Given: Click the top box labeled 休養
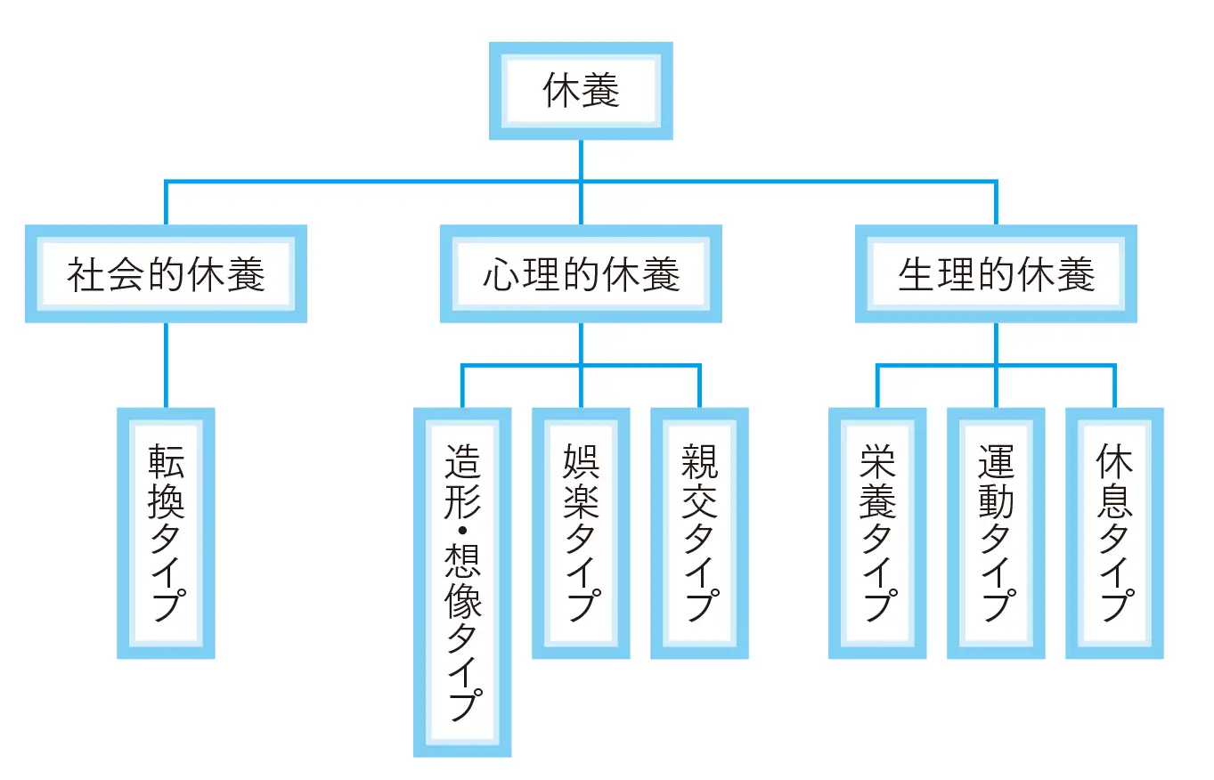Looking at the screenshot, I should point(581,92).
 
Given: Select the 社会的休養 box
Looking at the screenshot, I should point(166,274).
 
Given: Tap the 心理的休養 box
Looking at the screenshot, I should point(581,274).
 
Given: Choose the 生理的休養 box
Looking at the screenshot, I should point(996,274).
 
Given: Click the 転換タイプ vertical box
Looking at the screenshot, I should point(166,532).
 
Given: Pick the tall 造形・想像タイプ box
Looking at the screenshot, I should point(462,581).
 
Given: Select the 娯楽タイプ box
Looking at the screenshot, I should point(581,532).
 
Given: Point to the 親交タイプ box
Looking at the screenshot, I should point(699,532).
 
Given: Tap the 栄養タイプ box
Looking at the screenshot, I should point(877,532).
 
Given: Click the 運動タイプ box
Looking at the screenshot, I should point(996,532).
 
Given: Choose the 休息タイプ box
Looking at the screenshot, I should point(1114,532).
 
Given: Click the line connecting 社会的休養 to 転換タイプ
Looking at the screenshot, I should point(166,365).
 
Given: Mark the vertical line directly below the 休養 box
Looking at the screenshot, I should point(581,160).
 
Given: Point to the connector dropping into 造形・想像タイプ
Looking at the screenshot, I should point(462,387).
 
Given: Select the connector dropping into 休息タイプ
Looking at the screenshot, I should point(1114,387).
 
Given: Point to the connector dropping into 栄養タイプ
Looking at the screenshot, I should point(877,387).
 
